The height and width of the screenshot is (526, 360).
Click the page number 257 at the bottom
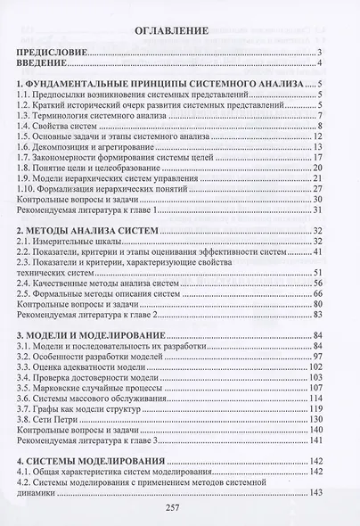tap(175, 508)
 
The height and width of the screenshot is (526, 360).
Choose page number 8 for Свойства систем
tap(318, 128)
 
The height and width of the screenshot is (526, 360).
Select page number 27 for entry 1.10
tap(315, 186)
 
